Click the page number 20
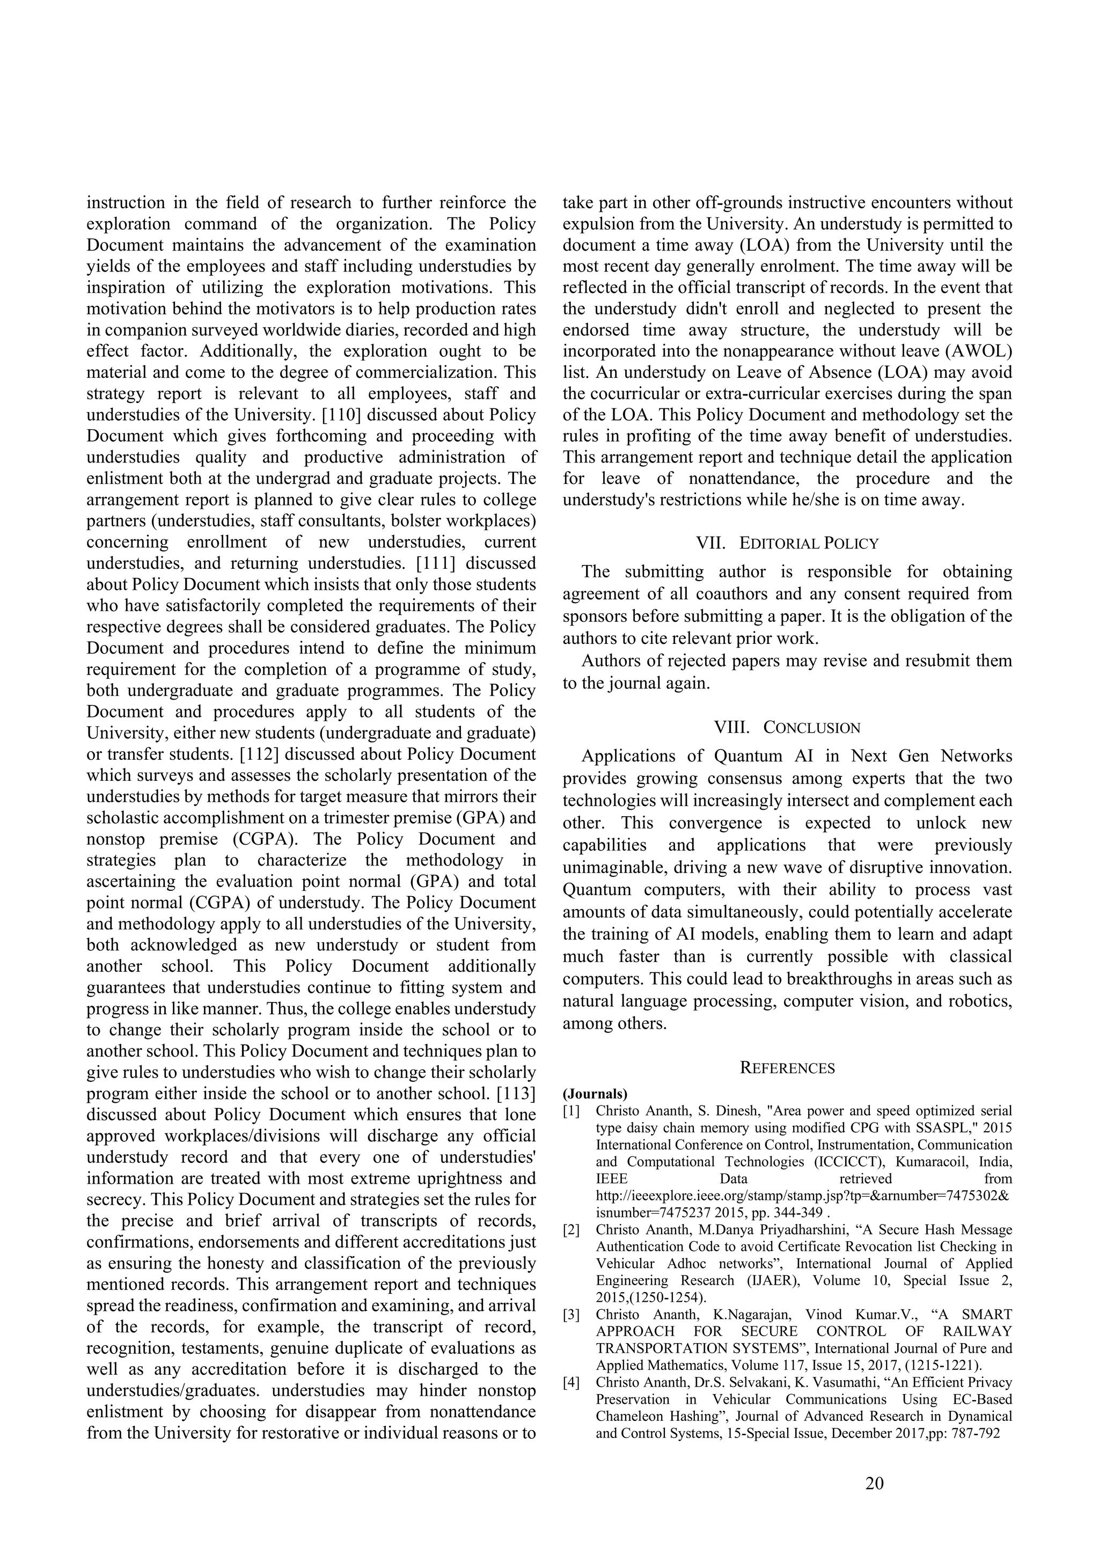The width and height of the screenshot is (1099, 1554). pyautogui.click(x=874, y=1484)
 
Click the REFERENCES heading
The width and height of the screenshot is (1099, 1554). pyautogui.click(x=787, y=1068)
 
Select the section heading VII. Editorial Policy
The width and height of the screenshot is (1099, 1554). pyautogui.click(x=787, y=543)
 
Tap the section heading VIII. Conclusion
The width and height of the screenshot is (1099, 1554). pyautogui.click(x=787, y=728)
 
